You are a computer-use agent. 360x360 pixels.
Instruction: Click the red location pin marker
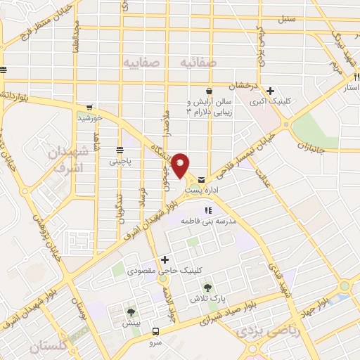181,166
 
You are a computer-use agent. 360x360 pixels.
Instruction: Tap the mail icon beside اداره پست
202,180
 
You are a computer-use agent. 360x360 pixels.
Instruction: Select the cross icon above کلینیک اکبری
270,91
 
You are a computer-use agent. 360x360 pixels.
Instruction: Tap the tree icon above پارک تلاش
207,288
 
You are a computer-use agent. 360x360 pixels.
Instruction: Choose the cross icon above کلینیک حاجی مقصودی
165,259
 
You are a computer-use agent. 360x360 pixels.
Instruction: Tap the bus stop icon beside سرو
156,330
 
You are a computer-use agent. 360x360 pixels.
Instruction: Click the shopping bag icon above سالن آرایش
209,91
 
